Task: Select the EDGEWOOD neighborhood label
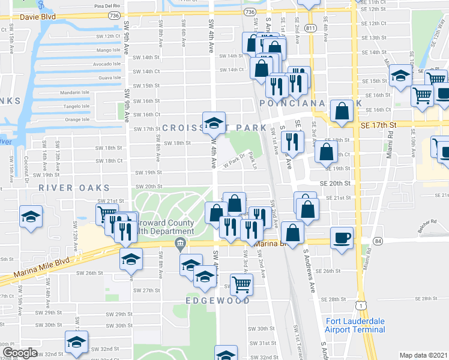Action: tap(217, 300)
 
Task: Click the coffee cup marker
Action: tap(342, 238)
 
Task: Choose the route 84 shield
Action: tap(377, 241)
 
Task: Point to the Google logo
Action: tap(19, 353)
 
